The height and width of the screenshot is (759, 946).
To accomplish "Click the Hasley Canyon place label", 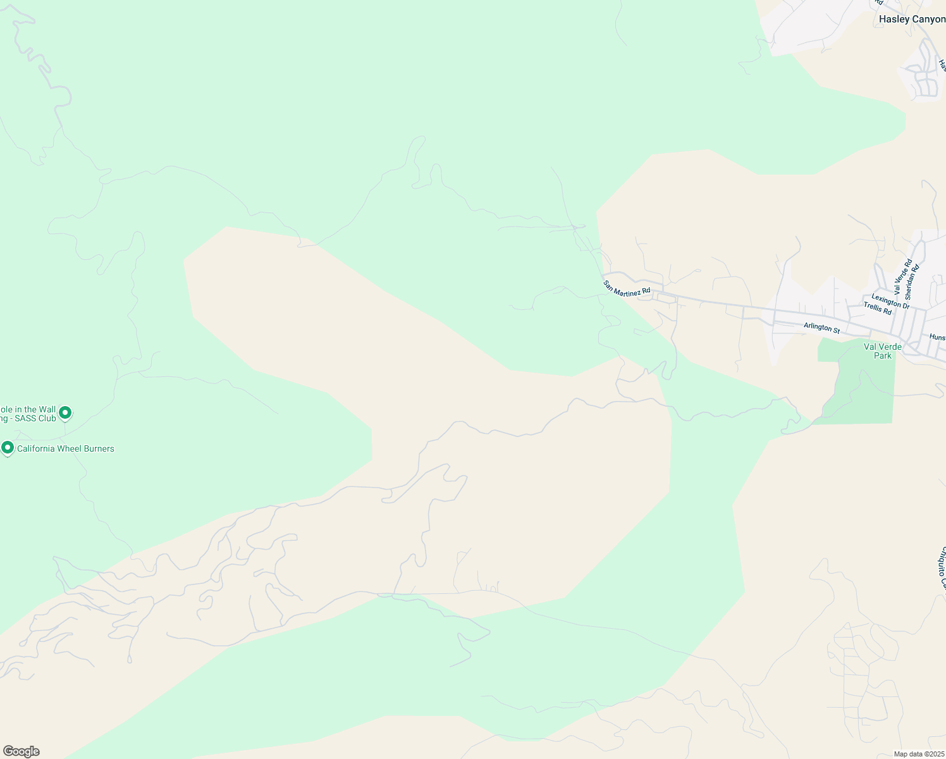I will click(x=912, y=20).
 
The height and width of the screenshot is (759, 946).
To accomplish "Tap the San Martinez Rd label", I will click(x=627, y=287).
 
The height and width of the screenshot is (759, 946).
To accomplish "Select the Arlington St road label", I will click(x=821, y=328).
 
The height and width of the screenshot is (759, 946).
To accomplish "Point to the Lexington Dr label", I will click(x=890, y=301).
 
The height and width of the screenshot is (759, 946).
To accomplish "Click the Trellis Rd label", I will click(x=878, y=309).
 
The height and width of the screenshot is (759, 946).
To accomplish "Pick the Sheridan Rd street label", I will click(x=912, y=281).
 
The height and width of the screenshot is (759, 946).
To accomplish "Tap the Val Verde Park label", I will click(x=883, y=351).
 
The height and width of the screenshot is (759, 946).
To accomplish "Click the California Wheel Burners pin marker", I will click(x=8, y=448).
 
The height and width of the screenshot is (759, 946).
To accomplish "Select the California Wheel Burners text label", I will click(x=65, y=449).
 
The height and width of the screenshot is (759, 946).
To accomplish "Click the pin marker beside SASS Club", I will click(x=64, y=413).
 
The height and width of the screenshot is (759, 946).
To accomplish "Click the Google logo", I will click(x=21, y=751).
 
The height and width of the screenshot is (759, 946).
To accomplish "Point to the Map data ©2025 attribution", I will click(x=919, y=754).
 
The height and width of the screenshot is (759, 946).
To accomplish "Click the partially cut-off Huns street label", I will click(x=938, y=338).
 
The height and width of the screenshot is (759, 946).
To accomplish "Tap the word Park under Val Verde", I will click(x=883, y=355).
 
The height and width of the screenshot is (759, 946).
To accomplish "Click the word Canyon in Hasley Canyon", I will click(x=928, y=20).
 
